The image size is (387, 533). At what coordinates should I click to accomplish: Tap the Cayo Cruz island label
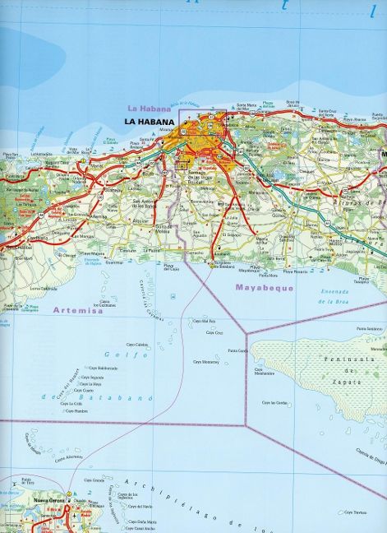pos(214,332)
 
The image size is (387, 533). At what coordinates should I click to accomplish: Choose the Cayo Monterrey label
pos(205,361)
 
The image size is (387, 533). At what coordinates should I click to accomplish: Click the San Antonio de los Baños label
pos(151,203)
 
